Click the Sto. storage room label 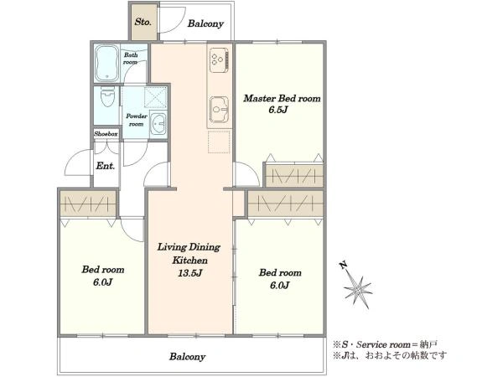click(143, 22)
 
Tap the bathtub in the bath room click(107, 63)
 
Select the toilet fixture click(107, 96)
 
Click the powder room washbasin click(158, 123)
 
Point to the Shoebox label click(106, 134)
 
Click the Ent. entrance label click(106, 166)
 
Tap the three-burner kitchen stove click(219, 60)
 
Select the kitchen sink click(219, 110)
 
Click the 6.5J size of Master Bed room click(277, 110)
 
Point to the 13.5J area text click(190, 273)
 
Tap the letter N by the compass click(343, 265)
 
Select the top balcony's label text click(205, 23)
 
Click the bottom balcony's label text click(187, 357)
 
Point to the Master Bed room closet click(294, 175)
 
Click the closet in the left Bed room click(88, 204)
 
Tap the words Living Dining click(189, 247)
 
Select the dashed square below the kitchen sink click(219, 142)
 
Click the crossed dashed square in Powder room click(156, 97)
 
